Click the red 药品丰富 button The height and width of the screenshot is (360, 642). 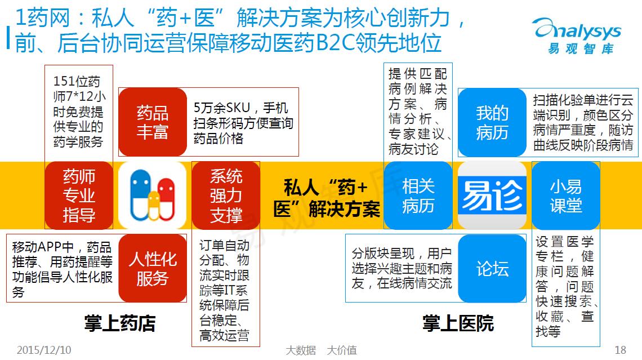(153, 122)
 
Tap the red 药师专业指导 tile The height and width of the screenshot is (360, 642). (79, 195)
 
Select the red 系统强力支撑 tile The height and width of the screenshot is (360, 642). (226, 195)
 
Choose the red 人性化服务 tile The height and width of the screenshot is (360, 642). (153, 268)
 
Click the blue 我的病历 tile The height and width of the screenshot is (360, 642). (492, 122)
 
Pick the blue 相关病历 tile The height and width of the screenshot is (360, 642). (418, 195)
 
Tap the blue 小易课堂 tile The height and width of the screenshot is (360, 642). (566, 195)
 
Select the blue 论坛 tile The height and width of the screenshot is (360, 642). (492, 268)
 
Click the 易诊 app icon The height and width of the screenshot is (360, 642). (492, 195)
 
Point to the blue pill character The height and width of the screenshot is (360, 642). (140, 194)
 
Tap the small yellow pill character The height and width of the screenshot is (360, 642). (154, 205)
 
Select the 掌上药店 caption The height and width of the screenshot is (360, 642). (120, 323)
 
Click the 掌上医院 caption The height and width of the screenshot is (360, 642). (458, 323)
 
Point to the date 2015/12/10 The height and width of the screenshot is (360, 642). (44, 350)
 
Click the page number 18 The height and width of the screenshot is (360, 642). (620, 350)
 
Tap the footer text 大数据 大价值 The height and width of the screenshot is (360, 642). (322, 350)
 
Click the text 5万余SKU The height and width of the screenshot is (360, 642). (221, 108)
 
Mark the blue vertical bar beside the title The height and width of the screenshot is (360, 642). (8, 38)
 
